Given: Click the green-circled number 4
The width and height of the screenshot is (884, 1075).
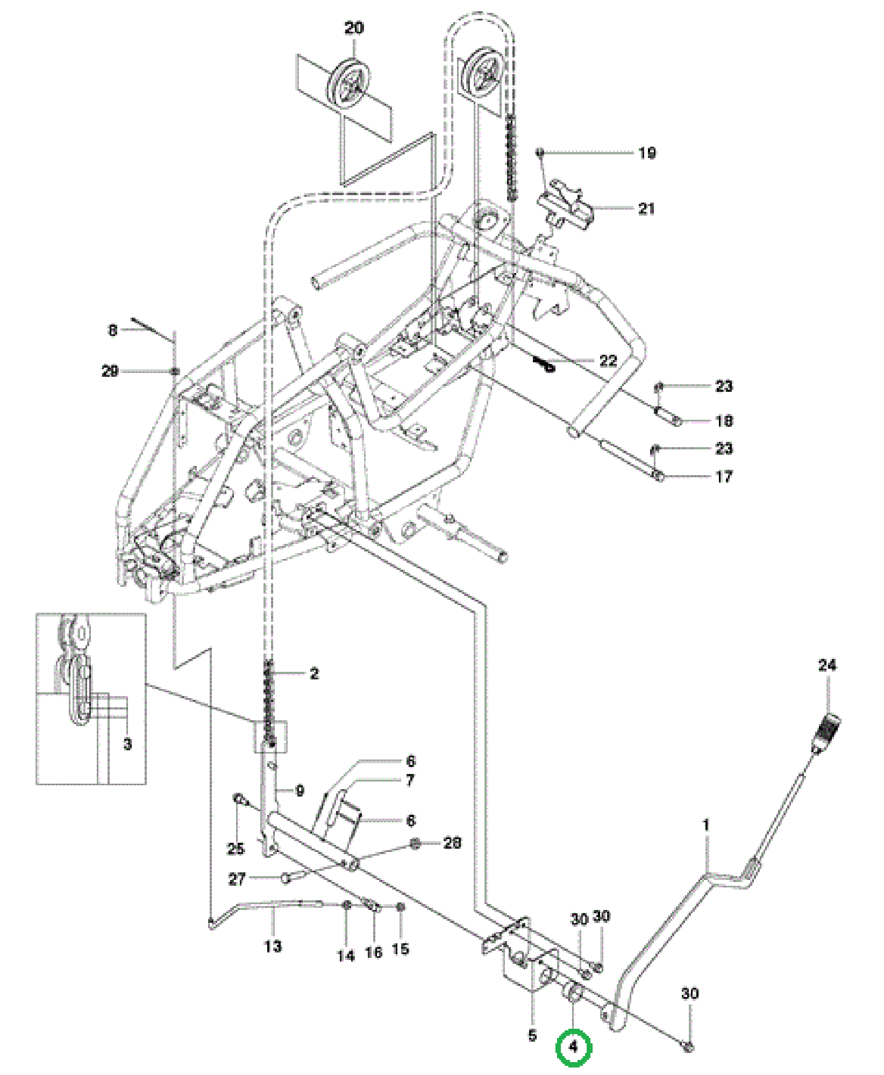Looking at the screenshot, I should [x=574, y=1047].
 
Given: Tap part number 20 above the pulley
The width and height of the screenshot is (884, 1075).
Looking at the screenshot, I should [x=354, y=27].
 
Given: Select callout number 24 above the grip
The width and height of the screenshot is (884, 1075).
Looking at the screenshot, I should [x=827, y=665].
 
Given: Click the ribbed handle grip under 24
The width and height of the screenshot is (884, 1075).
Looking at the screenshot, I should [x=826, y=733].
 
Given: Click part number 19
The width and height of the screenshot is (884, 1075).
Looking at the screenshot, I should [x=647, y=153].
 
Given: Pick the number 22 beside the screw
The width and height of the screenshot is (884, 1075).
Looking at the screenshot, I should [x=608, y=360].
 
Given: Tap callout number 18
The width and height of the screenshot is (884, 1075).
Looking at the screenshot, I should [x=724, y=420].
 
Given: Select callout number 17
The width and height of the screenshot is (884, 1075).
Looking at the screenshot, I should [x=724, y=476].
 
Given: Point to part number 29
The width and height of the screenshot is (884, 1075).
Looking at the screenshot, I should [x=110, y=371].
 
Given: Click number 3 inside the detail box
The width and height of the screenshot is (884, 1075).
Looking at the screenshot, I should [x=127, y=744].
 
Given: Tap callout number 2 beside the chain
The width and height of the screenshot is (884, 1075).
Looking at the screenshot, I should [x=314, y=673].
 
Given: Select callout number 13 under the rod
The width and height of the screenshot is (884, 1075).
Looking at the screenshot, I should [x=273, y=946].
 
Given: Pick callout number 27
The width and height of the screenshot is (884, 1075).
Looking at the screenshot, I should [x=237, y=879].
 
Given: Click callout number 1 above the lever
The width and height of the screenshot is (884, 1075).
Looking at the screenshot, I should [x=706, y=825].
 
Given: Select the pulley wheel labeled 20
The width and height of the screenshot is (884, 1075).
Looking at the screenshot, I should [x=352, y=86].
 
